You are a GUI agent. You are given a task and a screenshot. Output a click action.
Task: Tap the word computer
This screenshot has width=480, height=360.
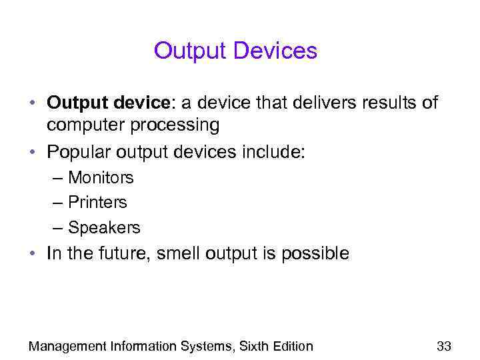click(x=91, y=125)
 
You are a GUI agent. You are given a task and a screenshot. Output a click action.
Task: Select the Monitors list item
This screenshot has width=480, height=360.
click(x=101, y=178)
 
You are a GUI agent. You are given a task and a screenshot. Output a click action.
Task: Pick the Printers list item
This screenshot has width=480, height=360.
click(x=97, y=203)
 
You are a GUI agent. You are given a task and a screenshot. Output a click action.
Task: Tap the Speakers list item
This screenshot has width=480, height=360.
click(x=104, y=228)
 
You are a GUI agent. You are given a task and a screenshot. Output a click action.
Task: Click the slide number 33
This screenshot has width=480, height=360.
click(x=443, y=345)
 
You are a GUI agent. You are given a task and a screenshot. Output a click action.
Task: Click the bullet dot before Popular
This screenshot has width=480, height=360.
click(x=32, y=153)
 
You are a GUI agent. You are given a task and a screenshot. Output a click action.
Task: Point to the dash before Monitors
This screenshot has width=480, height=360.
click(x=58, y=179)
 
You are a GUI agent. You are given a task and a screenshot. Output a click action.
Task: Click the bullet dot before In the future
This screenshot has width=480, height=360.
click(x=32, y=254)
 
